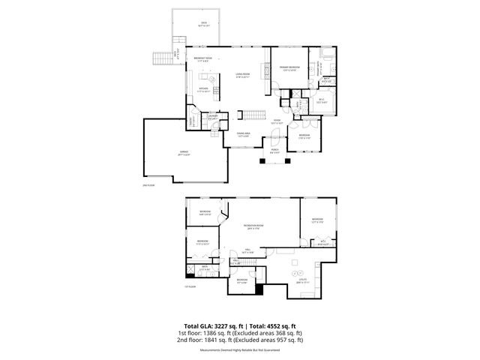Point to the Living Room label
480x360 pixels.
click(x=242, y=75)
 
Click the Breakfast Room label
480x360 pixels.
click(x=203, y=60)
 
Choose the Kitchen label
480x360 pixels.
click(x=203, y=89)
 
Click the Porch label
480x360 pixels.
click(x=275, y=150)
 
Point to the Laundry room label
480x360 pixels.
click(x=213, y=117)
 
